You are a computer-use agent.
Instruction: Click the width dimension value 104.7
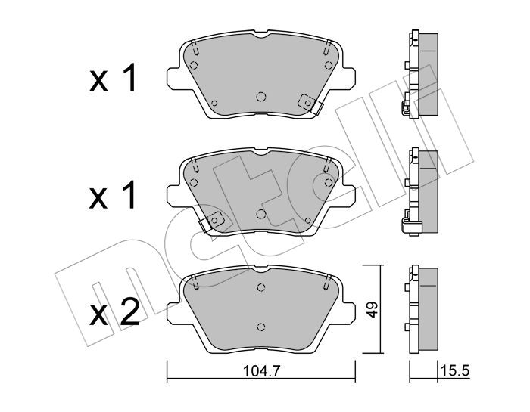click(x=262, y=371)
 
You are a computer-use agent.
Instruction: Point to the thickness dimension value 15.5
click(x=454, y=371)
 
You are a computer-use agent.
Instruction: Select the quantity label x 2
click(x=114, y=312)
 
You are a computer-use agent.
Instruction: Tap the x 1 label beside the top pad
click(x=113, y=78)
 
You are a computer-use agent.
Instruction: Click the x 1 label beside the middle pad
click(x=113, y=195)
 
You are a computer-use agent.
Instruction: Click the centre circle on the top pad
click(x=261, y=98)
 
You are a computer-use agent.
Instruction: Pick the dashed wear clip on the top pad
click(x=310, y=104)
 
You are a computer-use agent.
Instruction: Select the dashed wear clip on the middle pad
click(x=212, y=221)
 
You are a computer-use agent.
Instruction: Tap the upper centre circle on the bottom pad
click(x=260, y=287)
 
